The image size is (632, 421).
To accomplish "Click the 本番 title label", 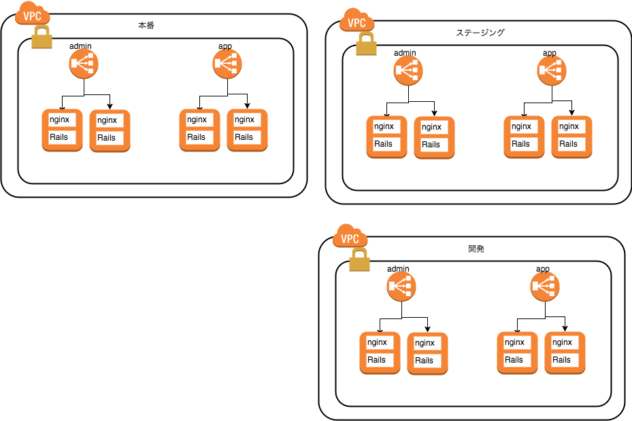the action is (x=146, y=25).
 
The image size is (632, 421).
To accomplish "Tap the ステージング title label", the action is (x=480, y=33).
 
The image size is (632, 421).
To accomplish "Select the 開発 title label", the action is (x=476, y=249).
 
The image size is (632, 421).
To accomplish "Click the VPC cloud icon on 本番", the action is (x=32, y=14).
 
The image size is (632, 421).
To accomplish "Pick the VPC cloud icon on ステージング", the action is (x=356, y=20).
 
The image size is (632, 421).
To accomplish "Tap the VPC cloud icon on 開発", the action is (x=350, y=236).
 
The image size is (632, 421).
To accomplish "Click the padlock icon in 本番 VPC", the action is (x=42, y=37).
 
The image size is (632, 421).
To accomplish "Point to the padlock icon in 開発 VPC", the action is (x=359, y=259).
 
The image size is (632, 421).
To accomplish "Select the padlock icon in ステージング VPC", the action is (x=367, y=44).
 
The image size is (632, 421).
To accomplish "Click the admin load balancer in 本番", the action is (x=84, y=64).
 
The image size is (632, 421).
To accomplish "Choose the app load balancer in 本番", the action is (x=227, y=64).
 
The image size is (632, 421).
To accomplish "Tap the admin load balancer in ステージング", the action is (x=408, y=71).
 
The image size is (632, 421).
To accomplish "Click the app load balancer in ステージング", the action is (x=552, y=71).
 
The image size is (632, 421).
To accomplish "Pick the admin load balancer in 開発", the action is (x=401, y=287).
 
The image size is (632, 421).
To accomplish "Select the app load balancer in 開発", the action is (x=545, y=287).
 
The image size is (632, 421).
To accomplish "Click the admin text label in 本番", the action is (x=80, y=46).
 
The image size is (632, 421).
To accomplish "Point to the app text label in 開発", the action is (x=542, y=269).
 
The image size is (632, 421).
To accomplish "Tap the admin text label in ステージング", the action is (x=405, y=53).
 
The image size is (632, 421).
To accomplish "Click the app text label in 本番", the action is (x=225, y=46).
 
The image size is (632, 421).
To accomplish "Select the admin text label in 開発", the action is (x=398, y=268).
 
